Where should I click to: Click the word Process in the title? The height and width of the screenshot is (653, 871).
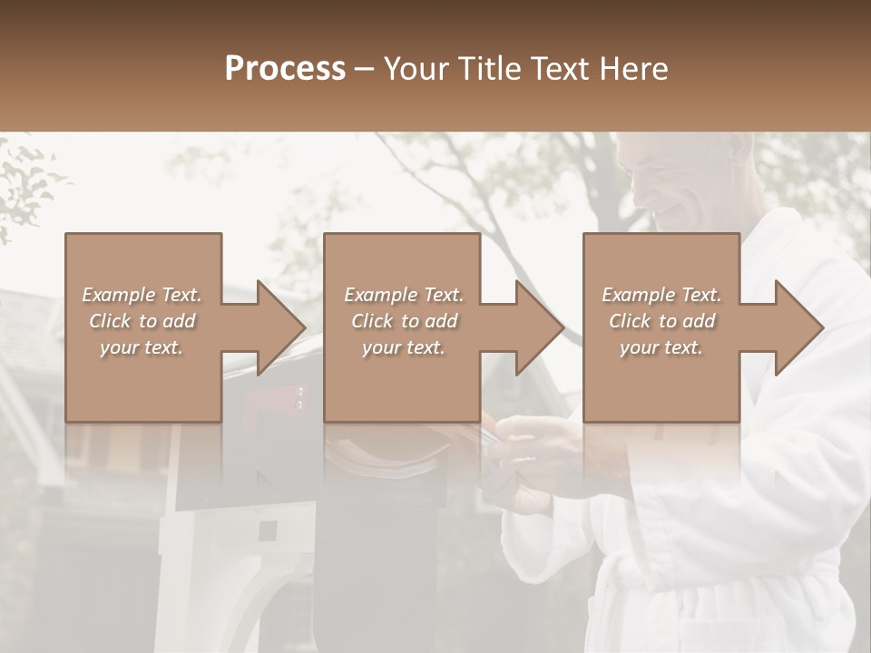point(285,69)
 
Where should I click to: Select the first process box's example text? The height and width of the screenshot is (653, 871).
point(142,321)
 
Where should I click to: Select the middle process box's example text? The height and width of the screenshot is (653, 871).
point(403,321)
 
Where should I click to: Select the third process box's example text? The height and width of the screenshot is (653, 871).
point(661,321)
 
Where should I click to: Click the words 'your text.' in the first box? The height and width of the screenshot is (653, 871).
point(142,346)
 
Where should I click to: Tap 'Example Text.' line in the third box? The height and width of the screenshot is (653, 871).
point(661,295)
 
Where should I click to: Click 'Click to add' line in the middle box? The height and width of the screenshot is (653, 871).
point(403,321)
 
